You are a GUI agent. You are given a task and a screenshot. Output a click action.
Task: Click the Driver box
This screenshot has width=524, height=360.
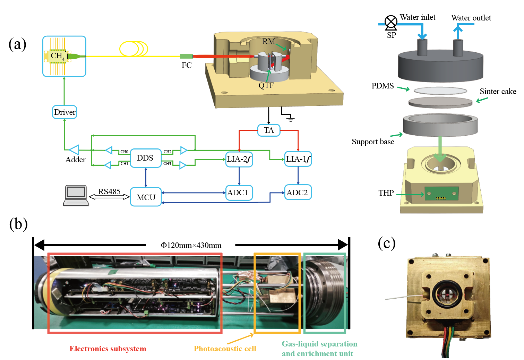pos(65,112)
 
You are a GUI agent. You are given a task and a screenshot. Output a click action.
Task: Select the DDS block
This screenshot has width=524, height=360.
pos(145,158)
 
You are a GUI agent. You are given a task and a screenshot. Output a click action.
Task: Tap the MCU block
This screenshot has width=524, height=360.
pos(146,197)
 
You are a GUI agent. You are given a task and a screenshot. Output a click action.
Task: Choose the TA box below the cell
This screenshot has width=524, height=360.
pos(269,130)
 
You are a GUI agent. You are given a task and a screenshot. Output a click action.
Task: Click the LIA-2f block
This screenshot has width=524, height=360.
pos(239,159)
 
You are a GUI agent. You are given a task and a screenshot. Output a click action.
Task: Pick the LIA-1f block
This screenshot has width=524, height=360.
pos(298,159)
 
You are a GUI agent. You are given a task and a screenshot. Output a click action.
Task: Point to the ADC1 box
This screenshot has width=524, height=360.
pos(239,192)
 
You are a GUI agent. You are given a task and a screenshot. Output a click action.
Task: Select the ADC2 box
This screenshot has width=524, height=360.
pos(298,192)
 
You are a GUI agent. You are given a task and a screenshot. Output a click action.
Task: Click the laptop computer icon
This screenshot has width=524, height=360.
pos(76,196)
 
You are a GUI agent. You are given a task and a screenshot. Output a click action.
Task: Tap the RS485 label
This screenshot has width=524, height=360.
pos(109,191)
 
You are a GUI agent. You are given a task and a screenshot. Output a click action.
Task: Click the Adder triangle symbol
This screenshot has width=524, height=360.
pos(74,150)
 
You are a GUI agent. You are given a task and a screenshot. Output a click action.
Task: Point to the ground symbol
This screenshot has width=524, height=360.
pos(290,119)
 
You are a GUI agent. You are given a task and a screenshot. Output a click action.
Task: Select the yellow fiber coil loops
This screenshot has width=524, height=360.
pos(134,49)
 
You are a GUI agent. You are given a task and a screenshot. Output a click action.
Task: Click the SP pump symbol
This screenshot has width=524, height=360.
pos(391,22)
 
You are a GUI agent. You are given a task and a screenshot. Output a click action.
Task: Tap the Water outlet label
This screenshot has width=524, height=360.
pos(471,18)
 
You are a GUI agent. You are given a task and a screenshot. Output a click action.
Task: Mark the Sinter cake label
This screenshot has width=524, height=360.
pos(498,91)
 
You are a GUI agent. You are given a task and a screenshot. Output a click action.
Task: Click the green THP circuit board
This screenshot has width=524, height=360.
pos(441,193)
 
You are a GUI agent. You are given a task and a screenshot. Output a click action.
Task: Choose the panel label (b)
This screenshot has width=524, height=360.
pos(18,224)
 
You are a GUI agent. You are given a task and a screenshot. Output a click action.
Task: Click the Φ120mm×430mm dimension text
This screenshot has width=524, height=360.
pos(191,246)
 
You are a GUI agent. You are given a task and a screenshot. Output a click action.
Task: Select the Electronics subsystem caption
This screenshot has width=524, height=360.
pos(108,349)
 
